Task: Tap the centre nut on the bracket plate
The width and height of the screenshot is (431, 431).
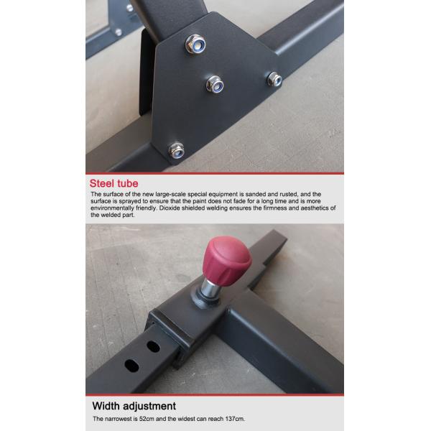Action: tap(215, 84)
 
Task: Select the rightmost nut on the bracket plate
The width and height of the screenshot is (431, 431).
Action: tap(274, 79)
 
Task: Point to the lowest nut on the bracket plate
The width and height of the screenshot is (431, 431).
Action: tap(177, 150)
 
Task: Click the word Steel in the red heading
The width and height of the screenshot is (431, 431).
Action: tap(103, 184)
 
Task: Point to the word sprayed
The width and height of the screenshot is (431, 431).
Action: tap(129, 201)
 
